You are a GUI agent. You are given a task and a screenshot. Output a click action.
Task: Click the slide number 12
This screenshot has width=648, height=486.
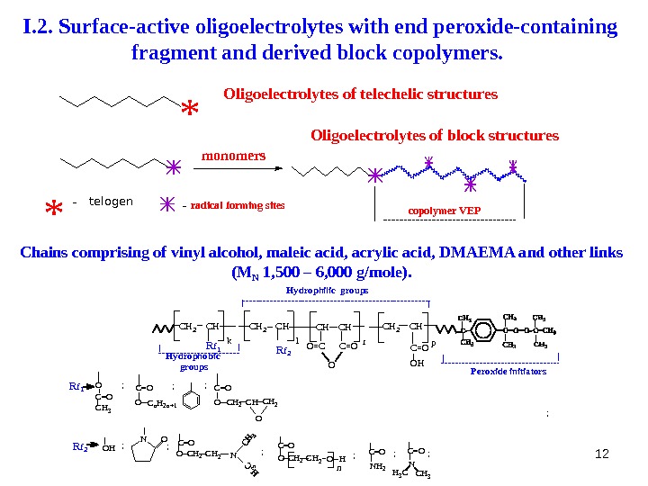[603, 451]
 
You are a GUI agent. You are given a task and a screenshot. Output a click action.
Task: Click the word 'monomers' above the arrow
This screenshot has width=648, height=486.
[234, 155]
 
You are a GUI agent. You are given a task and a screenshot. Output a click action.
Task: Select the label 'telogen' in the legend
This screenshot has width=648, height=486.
[111, 202]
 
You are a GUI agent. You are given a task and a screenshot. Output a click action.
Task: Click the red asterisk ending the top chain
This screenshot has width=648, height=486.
[190, 111]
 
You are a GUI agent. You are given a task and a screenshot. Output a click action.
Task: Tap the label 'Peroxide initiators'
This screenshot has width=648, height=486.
[508, 371]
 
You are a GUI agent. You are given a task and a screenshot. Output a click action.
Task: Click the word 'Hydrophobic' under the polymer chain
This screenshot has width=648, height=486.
[193, 356]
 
